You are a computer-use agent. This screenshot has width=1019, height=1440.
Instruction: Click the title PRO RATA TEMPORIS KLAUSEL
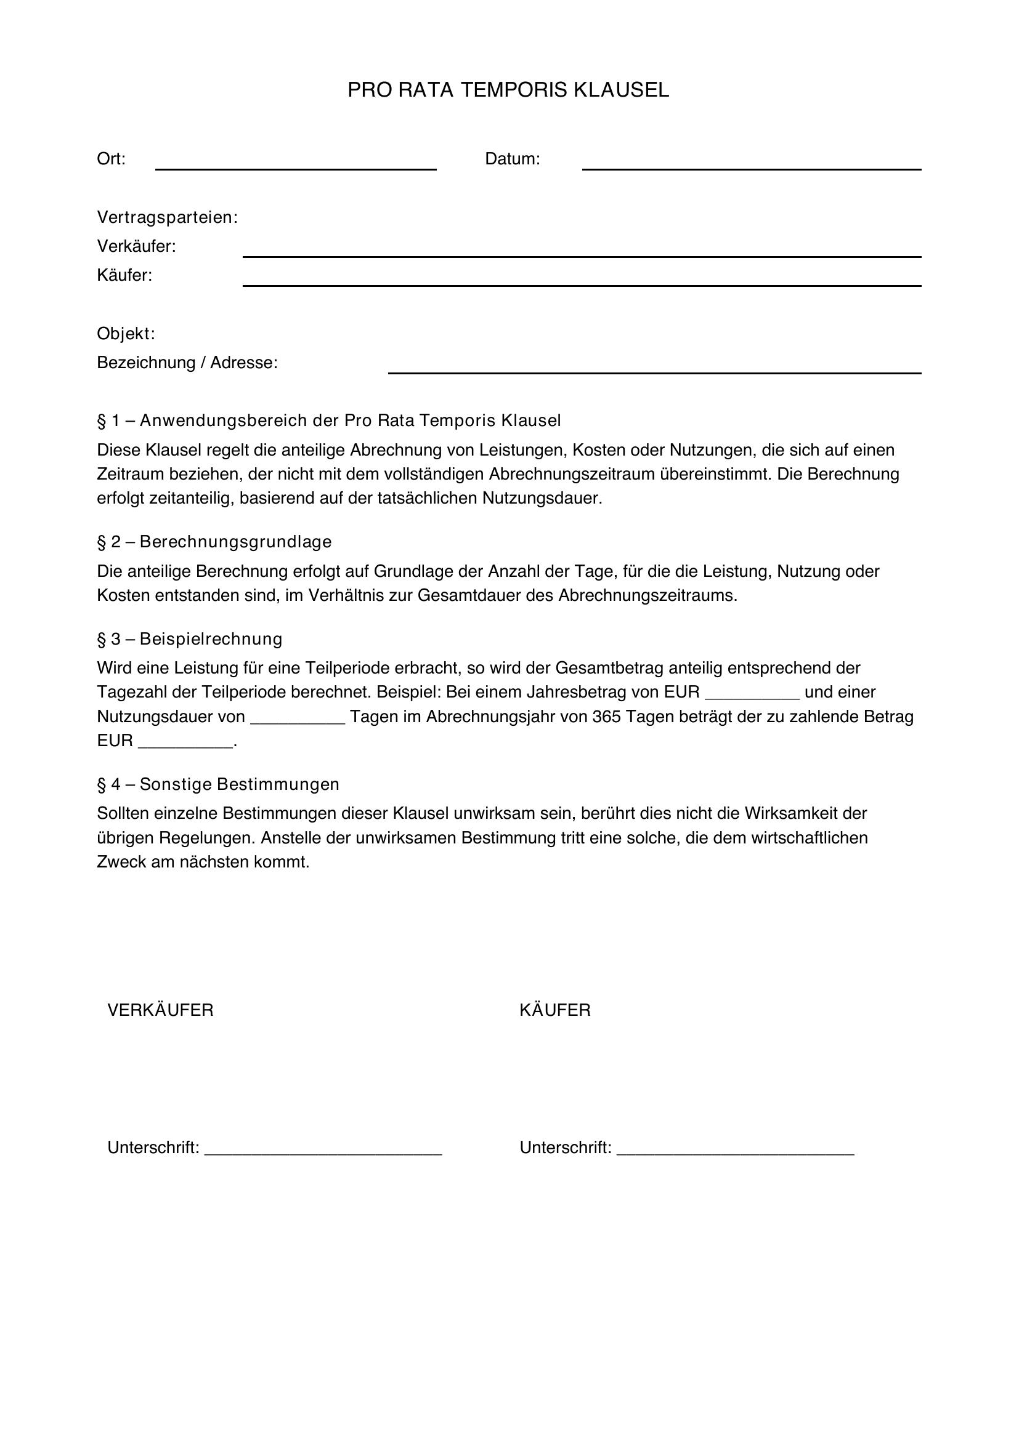click(508, 91)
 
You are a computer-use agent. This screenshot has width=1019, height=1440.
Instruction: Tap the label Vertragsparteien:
click(167, 217)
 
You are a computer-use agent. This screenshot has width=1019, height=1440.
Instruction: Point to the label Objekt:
click(126, 334)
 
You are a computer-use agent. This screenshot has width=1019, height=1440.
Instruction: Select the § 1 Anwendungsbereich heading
click(329, 420)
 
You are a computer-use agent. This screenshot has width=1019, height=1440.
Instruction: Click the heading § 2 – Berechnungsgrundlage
click(214, 541)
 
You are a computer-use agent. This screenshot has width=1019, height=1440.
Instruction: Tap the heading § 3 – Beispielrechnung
click(190, 639)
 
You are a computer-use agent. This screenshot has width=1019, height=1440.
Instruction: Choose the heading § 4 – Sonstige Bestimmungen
click(217, 784)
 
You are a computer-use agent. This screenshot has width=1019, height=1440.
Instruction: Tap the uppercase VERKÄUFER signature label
click(161, 1010)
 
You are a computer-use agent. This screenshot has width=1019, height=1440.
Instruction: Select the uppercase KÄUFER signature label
click(554, 1010)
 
